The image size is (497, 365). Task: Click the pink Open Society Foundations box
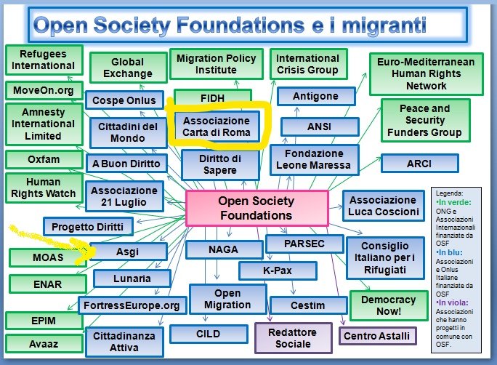point(256,209)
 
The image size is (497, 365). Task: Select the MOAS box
point(47,257)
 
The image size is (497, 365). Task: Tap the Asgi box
point(128,252)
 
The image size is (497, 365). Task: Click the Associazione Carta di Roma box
point(217,127)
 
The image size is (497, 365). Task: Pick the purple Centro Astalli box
point(377,336)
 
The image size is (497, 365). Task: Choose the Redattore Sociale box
point(294,338)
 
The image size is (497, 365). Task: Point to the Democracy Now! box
point(389,305)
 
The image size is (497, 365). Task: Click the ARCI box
point(420,164)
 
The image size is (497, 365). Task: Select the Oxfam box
point(44,159)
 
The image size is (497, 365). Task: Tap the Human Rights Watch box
point(44,188)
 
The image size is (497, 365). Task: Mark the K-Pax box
point(278,270)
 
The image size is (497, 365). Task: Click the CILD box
point(209,334)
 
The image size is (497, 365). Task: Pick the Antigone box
point(315,96)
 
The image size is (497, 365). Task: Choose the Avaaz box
point(44,344)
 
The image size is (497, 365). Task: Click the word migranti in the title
point(384,25)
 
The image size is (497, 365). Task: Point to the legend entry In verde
point(453,202)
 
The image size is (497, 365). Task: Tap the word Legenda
point(449,193)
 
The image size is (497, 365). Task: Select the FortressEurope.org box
point(132,305)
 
